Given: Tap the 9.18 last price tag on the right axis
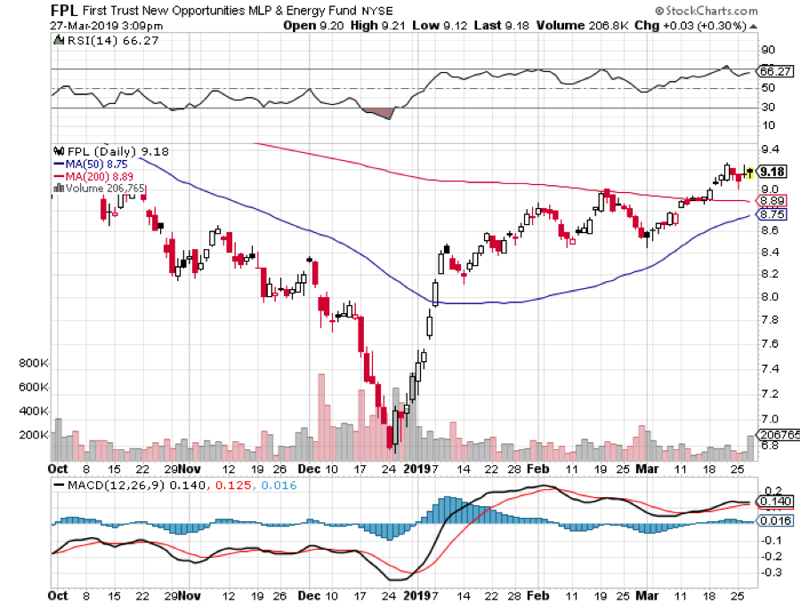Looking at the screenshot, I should pyautogui.click(x=771, y=171).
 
